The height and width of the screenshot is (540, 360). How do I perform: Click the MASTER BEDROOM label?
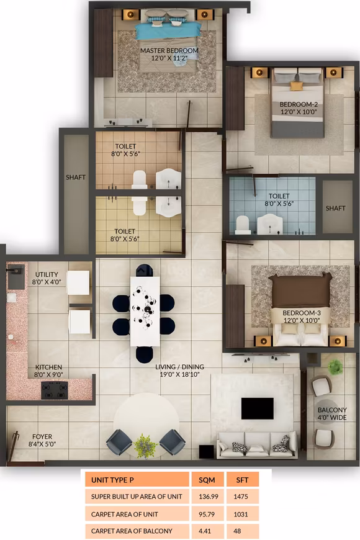coord(169,50)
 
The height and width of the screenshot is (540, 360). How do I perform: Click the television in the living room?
coord(257,408)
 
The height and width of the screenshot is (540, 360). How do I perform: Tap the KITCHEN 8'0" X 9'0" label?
coord(48,371)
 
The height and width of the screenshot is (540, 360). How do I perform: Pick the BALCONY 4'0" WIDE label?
coord(332,414)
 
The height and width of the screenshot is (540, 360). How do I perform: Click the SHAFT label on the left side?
coord(76,178)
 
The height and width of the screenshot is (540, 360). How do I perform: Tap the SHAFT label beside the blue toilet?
coord(336,208)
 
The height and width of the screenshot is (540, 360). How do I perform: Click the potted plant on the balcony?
coord(335,367)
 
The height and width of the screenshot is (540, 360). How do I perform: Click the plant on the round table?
coord(146,444)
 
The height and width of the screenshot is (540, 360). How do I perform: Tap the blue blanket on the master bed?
coord(168,30)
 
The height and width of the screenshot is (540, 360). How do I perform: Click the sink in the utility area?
coord(16,271)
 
